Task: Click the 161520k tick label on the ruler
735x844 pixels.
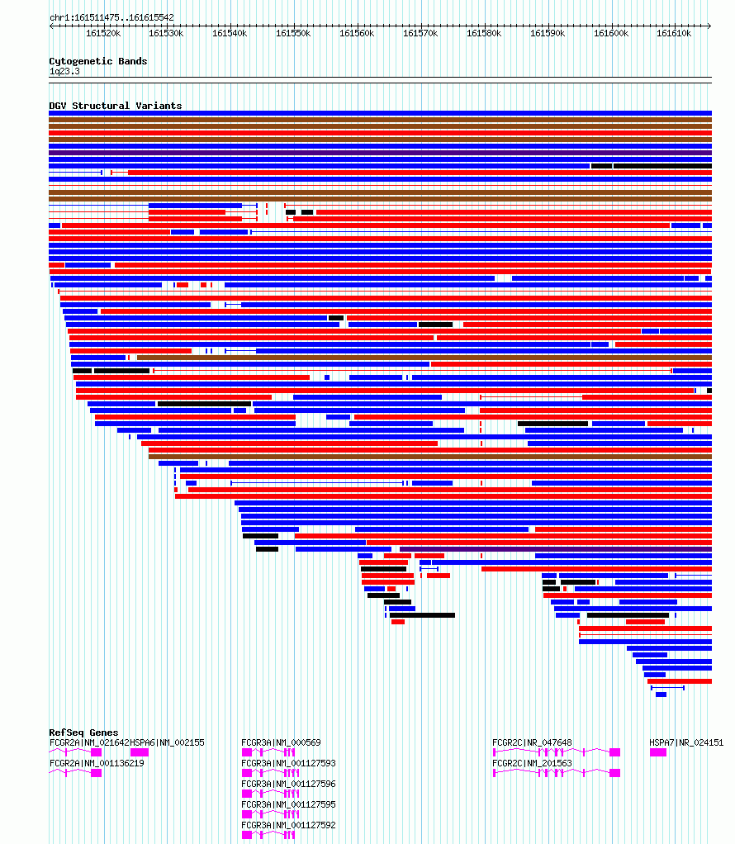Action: click(x=103, y=33)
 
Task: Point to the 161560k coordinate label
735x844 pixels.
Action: click(x=357, y=33)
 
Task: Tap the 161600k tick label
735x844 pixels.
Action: click(x=611, y=33)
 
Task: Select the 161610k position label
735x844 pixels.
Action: click(x=674, y=33)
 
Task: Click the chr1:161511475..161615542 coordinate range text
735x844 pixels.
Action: click(x=111, y=18)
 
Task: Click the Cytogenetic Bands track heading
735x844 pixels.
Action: click(x=98, y=61)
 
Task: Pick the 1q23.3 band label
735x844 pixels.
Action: click(x=64, y=71)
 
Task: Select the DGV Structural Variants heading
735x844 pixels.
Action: click(x=116, y=106)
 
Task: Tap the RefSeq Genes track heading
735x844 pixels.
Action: click(x=83, y=733)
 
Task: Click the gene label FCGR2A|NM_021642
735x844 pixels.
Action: click(x=89, y=742)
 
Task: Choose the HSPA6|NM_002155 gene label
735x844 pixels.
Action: click(x=168, y=742)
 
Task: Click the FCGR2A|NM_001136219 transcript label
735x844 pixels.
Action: click(x=97, y=763)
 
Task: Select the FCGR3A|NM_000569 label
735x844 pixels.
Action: click(x=281, y=742)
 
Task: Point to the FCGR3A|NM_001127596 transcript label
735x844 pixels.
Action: click(x=288, y=784)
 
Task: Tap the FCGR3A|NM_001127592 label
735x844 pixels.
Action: click(x=288, y=825)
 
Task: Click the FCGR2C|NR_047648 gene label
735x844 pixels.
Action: click(x=533, y=742)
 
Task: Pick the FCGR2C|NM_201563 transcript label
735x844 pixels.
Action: click(x=533, y=763)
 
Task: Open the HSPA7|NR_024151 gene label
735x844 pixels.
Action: click(x=686, y=742)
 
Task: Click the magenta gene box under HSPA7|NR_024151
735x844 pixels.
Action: click(x=658, y=752)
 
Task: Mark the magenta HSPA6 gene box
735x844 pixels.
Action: click(x=140, y=752)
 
